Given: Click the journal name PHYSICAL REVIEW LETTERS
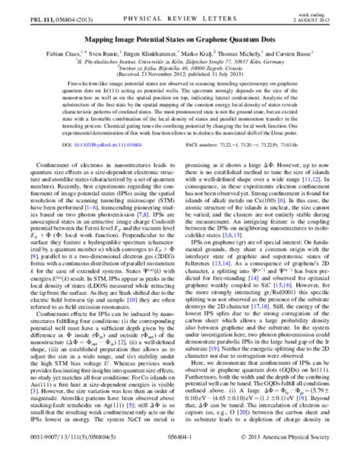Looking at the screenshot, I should [180, 11].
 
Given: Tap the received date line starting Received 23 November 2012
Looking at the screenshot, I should [180, 71].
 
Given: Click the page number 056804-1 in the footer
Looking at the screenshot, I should [180, 458].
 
